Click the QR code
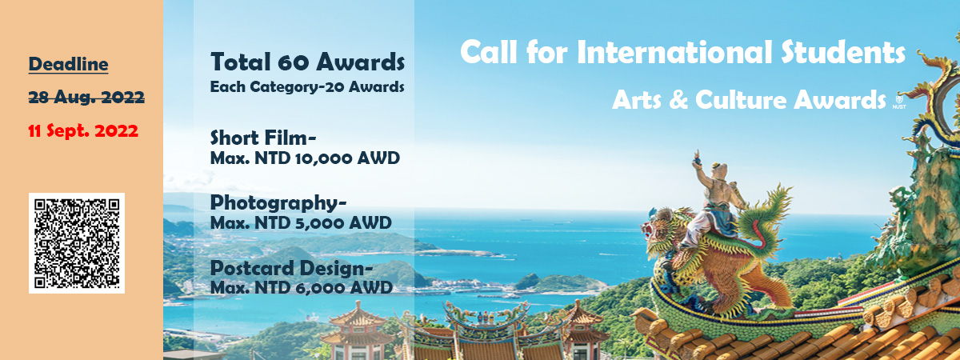77,243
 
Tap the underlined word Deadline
68,64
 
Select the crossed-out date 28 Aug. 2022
86,98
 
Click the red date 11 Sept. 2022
83,130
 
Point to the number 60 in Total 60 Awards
293,62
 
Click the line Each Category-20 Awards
307,87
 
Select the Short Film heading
263,138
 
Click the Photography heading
278,203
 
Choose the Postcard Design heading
291,269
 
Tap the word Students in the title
843,52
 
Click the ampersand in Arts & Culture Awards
678,100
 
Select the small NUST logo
898,101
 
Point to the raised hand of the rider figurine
697,157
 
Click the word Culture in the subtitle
741,100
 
